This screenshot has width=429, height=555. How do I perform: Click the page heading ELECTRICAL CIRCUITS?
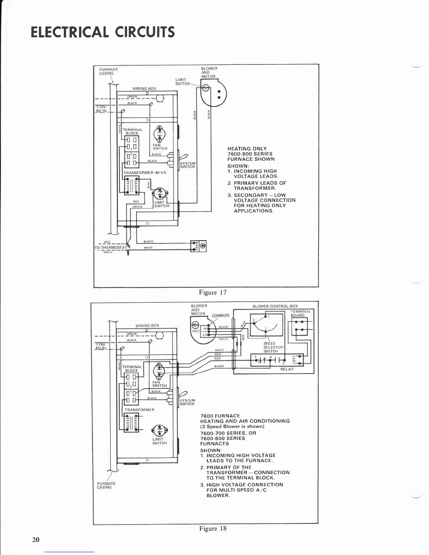click(x=102, y=32)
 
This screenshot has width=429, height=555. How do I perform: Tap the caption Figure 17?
click(x=213, y=293)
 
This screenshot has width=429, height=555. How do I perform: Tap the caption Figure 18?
click(x=213, y=529)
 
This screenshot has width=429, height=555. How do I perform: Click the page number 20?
click(x=36, y=540)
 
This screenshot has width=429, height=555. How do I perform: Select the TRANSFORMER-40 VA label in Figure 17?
click(x=145, y=173)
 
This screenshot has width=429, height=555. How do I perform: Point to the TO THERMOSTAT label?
click(x=111, y=248)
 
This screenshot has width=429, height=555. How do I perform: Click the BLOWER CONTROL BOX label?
click(x=275, y=306)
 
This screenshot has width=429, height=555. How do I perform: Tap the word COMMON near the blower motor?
click(x=220, y=316)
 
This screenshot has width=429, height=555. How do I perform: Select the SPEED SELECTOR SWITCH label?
click(x=271, y=347)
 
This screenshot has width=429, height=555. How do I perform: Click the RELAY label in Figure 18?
click(x=287, y=369)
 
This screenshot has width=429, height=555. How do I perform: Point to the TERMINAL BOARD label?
click(x=300, y=313)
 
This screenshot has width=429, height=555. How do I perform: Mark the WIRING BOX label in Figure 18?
click(x=147, y=326)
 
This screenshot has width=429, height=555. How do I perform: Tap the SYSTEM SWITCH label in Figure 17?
click(x=187, y=165)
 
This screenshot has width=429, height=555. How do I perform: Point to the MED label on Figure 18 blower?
click(x=196, y=331)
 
